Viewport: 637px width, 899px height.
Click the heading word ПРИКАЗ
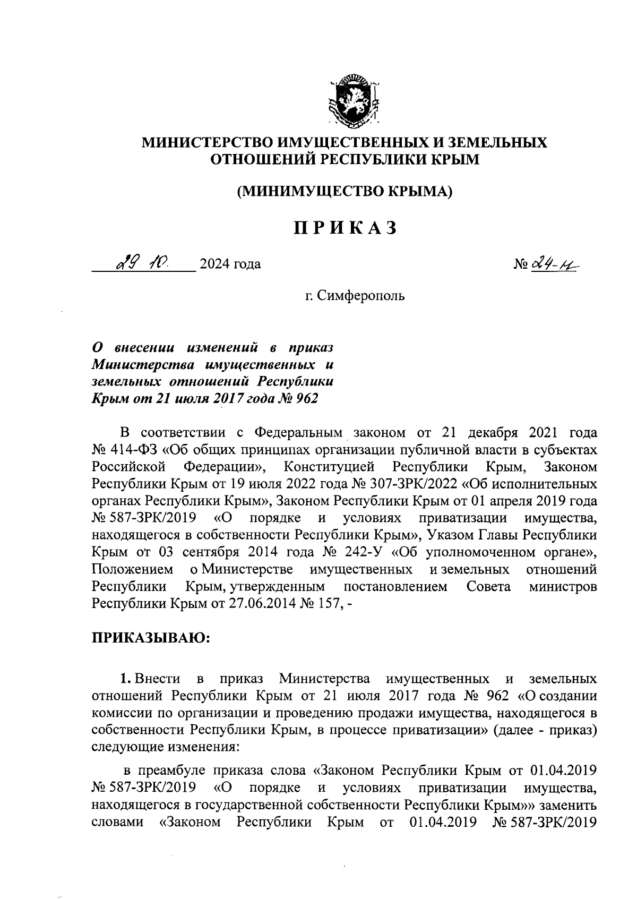click(345, 228)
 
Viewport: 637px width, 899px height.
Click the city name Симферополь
click(359, 295)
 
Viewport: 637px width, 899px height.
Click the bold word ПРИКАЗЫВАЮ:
click(151, 637)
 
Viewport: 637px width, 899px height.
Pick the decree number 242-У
click(363, 552)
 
